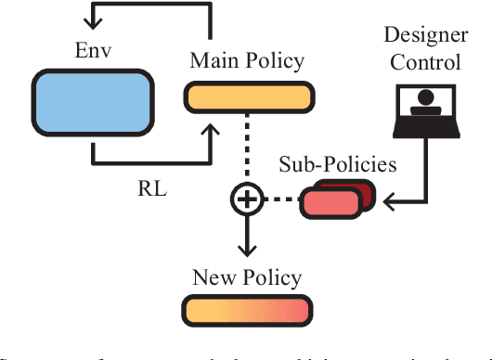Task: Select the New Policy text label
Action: click(247, 276)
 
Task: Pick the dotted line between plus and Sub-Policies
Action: click(281, 198)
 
